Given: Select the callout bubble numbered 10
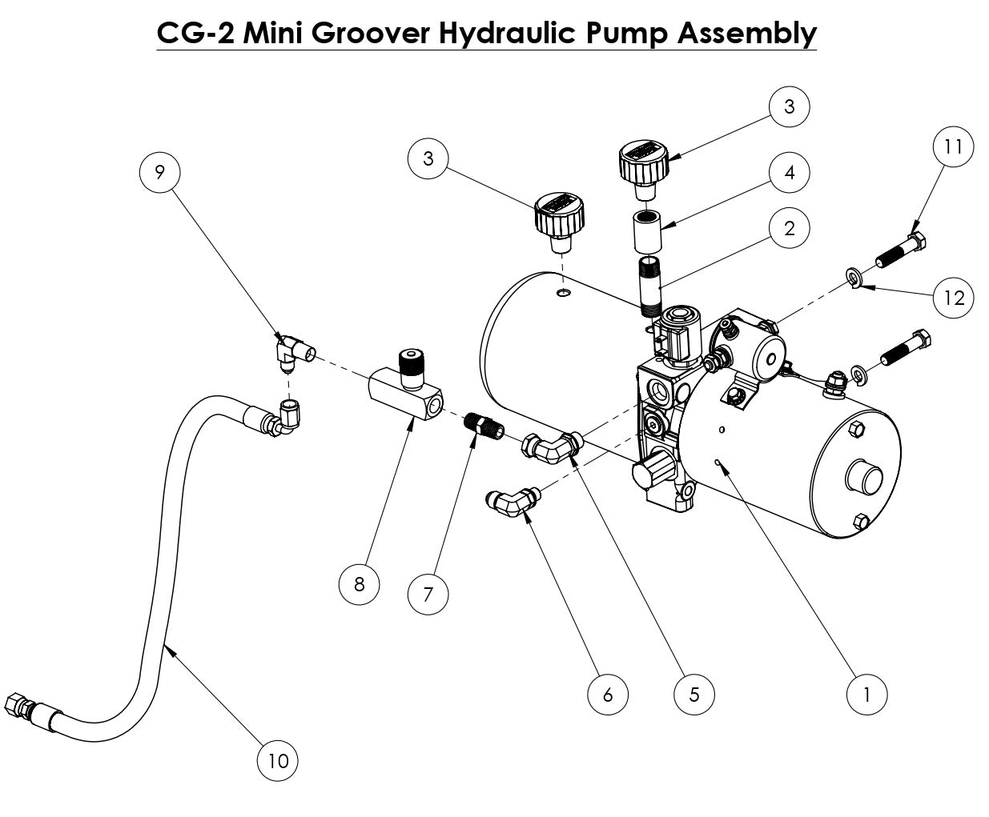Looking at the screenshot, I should (277, 760).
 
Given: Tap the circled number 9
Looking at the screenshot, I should (159, 172).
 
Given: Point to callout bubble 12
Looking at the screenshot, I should (954, 298).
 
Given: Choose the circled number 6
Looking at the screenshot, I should (607, 695).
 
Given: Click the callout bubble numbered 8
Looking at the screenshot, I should (359, 584).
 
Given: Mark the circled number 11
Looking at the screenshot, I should (953, 146).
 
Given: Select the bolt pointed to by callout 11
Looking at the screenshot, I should (903, 250).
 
